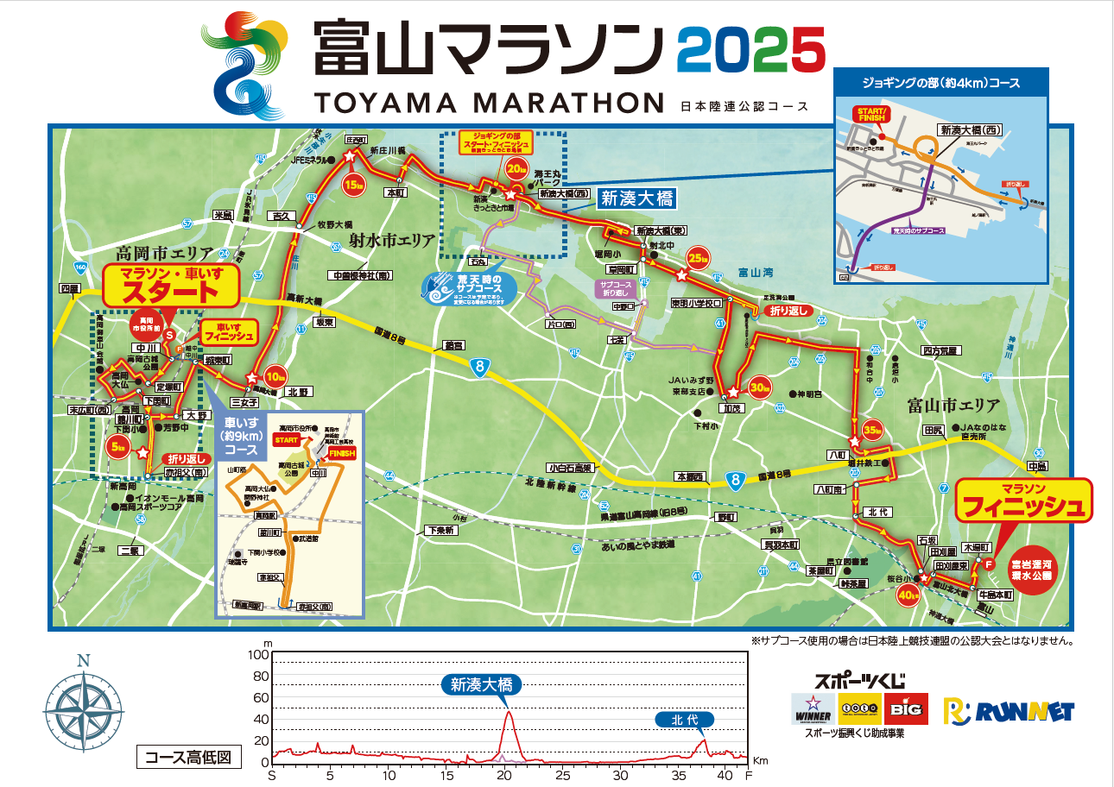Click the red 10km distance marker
275,375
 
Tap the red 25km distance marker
697,257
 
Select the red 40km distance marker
907,594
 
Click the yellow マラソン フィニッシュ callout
1023,501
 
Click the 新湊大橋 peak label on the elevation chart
481,685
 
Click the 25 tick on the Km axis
563,775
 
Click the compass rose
83,703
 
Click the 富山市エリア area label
953,405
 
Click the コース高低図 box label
188,758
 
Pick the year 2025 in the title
751,49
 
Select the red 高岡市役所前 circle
149,324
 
